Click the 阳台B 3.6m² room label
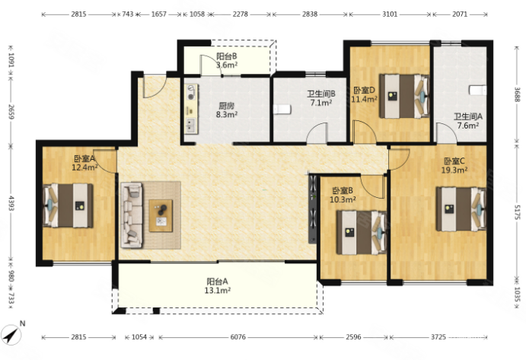point(226,61)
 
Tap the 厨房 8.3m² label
point(226,110)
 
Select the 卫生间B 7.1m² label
point(321,98)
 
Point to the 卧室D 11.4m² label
point(364,94)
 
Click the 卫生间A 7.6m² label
point(468,121)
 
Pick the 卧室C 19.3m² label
point(454,165)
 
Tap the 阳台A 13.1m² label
point(218,286)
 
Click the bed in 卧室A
point(68,205)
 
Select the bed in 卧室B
point(362,232)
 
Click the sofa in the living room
point(132,215)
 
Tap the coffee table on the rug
point(161,215)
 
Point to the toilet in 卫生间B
point(282,110)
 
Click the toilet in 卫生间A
point(478,91)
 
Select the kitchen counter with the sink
point(191,110)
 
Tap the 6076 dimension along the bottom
point(237,337)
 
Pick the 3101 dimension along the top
point(390,14)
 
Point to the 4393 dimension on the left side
point(11,204)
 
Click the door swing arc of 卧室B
point(371,189)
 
